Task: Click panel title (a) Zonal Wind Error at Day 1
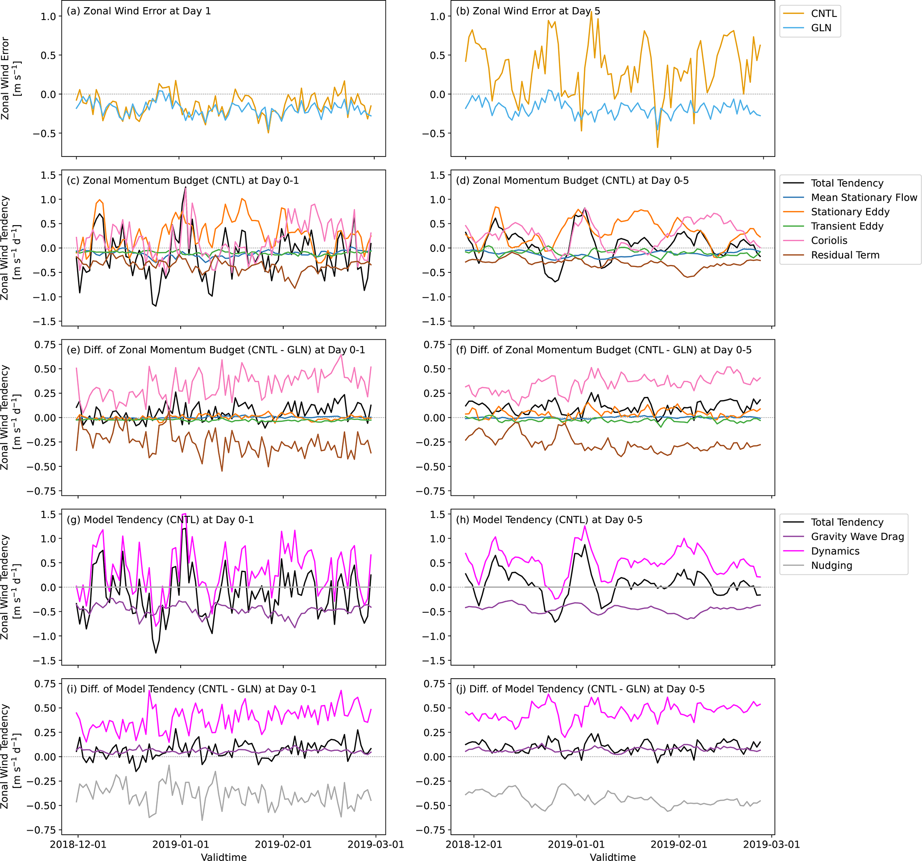[x=139, y=11]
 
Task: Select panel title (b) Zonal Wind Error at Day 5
[x=528, y=11]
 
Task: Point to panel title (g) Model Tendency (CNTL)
[x=160, y=520]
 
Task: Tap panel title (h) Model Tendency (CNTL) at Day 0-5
[x=549, y=520]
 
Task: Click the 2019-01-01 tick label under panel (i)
[x=181, y=845]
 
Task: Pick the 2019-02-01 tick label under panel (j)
[x=678, y=845]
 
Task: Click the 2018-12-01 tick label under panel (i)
[x=78, y=845]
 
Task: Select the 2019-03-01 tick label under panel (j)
[x=771, y=845]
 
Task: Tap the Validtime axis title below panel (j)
[x=612, y=857]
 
